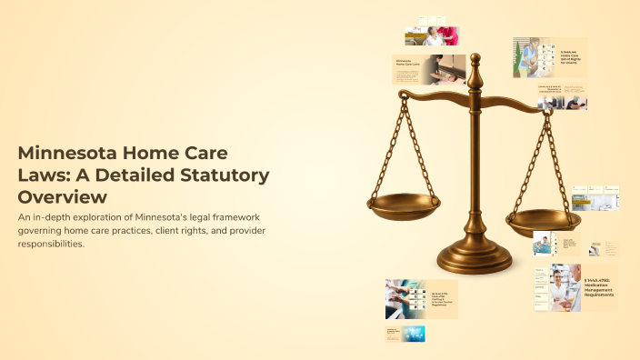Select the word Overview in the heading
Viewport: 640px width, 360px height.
pos(63,195)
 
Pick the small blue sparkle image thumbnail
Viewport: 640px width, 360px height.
pos(414,333)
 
